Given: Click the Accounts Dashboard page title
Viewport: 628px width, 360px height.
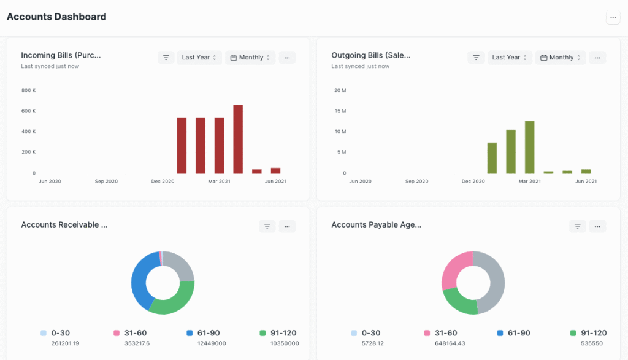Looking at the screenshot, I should [x=56, y=17].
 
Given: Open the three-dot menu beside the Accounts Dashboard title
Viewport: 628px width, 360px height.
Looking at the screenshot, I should [x=613, y=17].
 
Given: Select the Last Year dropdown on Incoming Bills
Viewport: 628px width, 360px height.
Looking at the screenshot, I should [x=199, y=58].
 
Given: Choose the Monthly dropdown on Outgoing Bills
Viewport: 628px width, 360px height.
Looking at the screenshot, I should [x=561, y=58].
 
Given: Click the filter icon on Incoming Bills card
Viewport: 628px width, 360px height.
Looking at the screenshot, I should [x=166, y=58].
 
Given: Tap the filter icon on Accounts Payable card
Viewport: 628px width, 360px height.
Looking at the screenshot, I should [x=577, y=226].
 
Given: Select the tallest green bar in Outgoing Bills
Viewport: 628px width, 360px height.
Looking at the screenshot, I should [x=529, y=147].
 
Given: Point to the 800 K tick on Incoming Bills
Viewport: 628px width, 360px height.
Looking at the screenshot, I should [x=28, y=91].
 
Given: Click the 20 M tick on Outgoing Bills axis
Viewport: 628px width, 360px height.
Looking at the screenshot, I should [x=340, y=91].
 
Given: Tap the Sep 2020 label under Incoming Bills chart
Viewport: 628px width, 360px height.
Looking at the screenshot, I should [x=106, y=182].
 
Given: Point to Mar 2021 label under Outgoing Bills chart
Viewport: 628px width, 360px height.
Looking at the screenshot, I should [x=529, y=182].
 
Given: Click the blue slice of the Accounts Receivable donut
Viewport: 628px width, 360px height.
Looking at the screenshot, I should [x=140, y=279].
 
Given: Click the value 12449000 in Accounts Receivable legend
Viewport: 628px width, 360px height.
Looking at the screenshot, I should [x=212, y=343].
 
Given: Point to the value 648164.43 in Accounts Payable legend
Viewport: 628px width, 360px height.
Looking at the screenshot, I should [x=450, y=343].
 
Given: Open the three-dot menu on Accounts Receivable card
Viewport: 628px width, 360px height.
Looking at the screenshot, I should [x=287, y=226].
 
